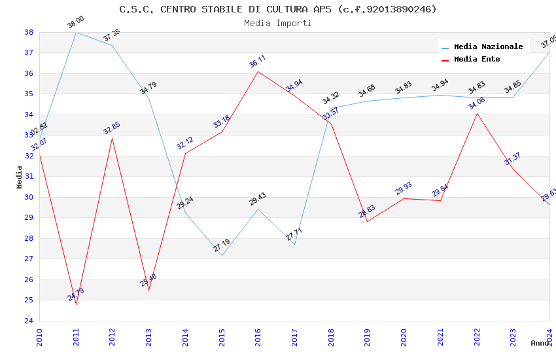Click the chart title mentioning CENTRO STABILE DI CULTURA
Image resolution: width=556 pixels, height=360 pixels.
278,9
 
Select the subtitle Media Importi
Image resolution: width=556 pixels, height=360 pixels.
278,23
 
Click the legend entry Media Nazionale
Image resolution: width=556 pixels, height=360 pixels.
488,46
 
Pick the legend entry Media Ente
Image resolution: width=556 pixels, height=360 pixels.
476,59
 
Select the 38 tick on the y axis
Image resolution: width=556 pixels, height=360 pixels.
29,32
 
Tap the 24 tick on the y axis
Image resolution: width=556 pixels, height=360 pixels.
29,321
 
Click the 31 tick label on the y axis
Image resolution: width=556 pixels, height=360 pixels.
29,177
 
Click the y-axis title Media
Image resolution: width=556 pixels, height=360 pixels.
20,177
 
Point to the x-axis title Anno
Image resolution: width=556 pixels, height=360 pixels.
540,343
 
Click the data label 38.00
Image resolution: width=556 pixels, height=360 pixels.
76,23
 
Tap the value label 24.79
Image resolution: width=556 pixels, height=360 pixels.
76,295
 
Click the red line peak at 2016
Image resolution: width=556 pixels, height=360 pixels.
258,71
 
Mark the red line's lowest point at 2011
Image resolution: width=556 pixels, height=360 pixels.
76,304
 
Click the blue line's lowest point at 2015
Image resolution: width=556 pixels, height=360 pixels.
222,255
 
